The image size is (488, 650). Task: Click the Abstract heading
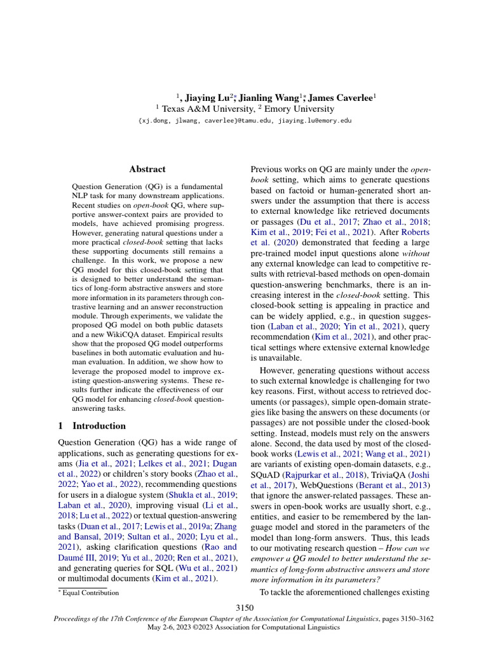pos(147,169)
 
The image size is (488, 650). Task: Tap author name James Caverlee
pos(342,98)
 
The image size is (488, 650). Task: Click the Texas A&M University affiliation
pos(204,109)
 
